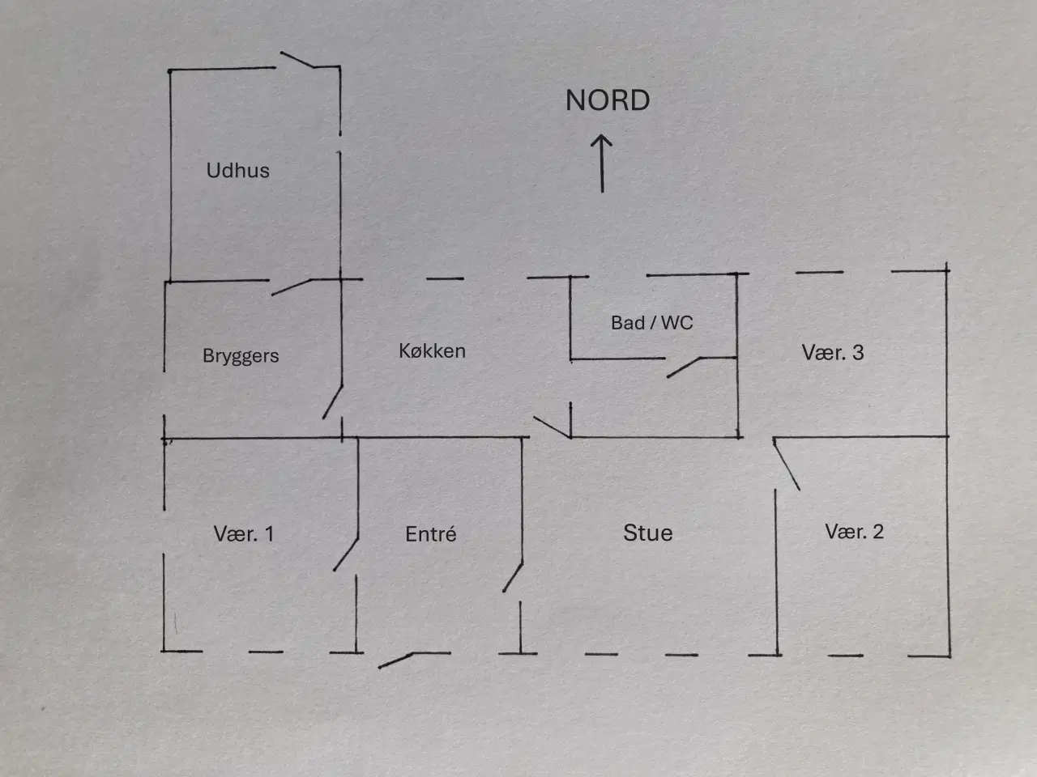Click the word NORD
click(x=608, y=100)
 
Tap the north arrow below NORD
click(x=602, y=163)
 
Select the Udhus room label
click(x=237, y=170)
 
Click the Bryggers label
click(x=241, y=355)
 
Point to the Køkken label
click(x=433, y=351)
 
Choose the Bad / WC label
click(x=652, y=323)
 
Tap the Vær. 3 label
click(x=832, y=352)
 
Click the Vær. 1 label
click(x=244, y=533)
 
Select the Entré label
click(x=431, y=534)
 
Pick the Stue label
click(x=647, y=533)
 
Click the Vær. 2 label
click(x=854, y=531)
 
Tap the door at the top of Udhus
click(x=297, y=59)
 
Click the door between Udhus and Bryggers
click(x=291, y=287)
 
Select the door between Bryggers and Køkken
click(x=333, y=402)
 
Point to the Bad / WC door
click(x=684, y=367)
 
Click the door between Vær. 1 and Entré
click(x=346, y=554)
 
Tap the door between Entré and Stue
click(x=513, y=577)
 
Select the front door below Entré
click(x=396, y=660)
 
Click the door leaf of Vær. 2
click(x=786, y=465)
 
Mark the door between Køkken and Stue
click(x=553, y=427)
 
